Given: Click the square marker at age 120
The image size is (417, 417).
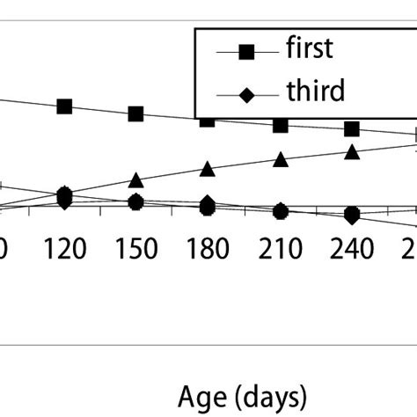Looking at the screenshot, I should (x=64, y=106).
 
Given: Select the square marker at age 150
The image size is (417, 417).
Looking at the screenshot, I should (x=136, y=114).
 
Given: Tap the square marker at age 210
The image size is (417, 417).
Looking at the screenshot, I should (x=281, y=126).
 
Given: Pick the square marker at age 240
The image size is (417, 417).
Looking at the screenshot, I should (x=352, y=129).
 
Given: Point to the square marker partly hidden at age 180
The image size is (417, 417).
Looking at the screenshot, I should (x=208, y=120).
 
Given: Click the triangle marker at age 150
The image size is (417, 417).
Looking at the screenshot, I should (x=135, y=179).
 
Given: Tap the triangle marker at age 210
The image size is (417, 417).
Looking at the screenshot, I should (x=281, y=159).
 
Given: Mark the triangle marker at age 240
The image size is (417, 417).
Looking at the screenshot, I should (x=352, y=152).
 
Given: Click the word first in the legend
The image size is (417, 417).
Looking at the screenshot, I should (x=310, y=48).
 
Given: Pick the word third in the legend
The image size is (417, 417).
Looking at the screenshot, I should (x=314, y=91).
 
